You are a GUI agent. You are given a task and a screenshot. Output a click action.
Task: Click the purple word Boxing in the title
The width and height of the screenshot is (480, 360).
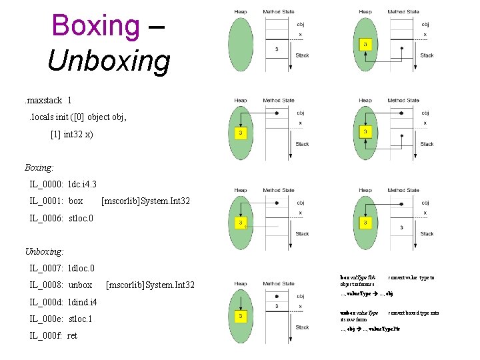click(95, 25)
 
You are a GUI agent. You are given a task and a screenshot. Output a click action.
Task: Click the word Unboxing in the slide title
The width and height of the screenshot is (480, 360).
click(109, 61)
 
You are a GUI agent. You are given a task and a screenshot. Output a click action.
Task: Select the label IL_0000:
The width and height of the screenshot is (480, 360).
click(46, 183)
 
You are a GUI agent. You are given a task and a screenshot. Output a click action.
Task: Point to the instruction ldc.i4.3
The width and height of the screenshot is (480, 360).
click(83, 183)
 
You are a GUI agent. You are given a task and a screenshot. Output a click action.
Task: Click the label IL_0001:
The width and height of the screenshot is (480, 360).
click(46, 201)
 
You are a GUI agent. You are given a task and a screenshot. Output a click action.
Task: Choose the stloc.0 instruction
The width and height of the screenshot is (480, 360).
click(81, 217)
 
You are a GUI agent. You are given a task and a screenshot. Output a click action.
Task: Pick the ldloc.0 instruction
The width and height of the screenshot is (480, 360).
click(81, 268)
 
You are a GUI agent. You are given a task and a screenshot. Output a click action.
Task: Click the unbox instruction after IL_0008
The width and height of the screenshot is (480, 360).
click(81, 285)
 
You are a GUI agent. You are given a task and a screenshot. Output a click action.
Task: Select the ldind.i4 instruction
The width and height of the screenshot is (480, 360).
click(83, 302)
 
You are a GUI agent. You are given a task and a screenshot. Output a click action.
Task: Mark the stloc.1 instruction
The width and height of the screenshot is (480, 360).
click(81, 319)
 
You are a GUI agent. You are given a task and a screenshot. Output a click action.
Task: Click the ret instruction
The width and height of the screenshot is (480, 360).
click(72, 335)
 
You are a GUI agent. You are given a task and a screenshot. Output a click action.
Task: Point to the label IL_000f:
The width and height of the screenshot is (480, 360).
click(45, 335)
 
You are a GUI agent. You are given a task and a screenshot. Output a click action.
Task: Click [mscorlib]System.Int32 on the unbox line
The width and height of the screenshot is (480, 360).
click(151, 285)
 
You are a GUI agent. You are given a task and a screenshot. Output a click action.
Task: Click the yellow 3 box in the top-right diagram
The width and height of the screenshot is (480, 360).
click(365, 45)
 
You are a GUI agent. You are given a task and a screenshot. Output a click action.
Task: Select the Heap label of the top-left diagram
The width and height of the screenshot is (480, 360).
click(241, 11)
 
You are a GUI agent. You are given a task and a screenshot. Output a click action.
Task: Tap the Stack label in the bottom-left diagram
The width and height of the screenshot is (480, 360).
click(302, 327)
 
